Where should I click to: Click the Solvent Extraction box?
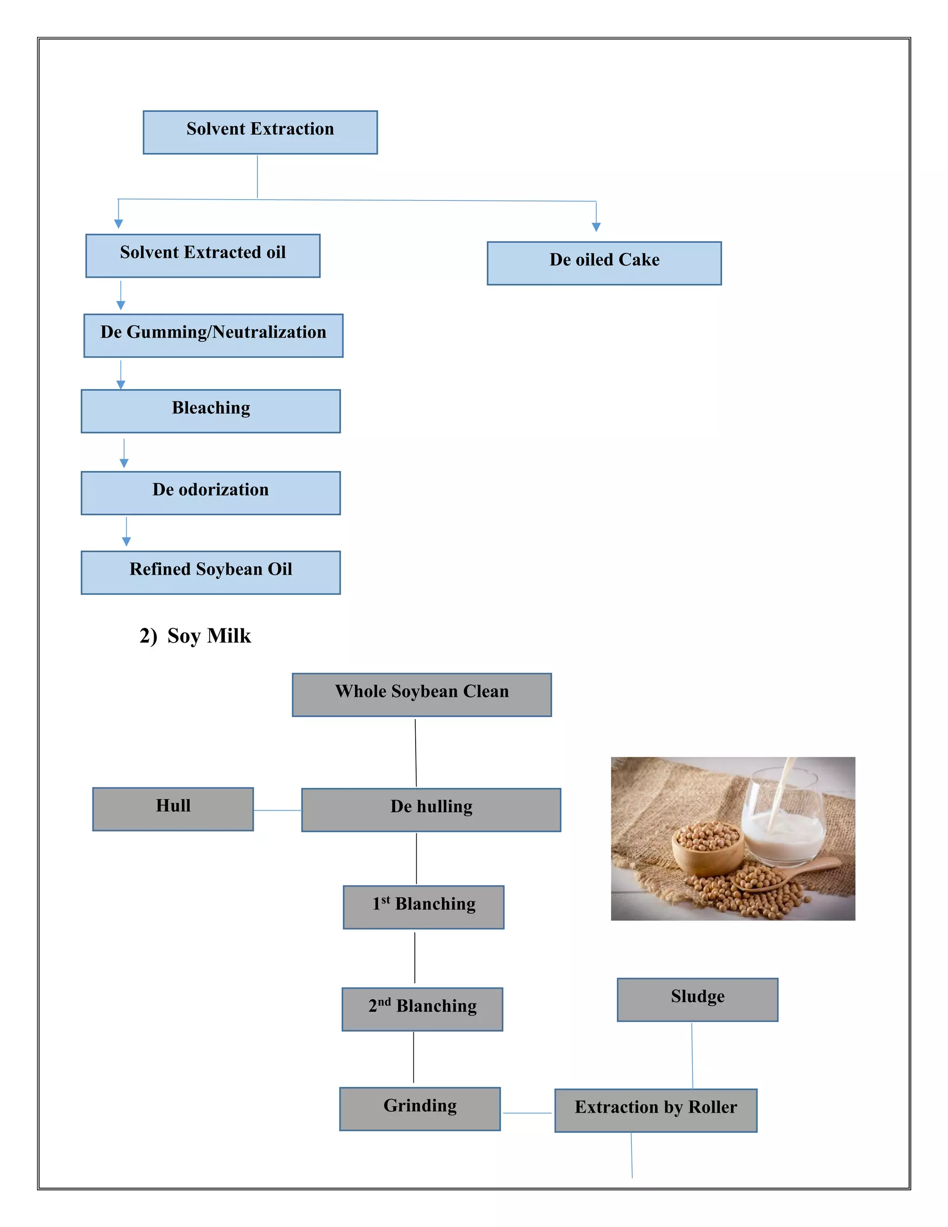pos(260,132)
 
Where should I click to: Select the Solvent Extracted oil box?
pos(203,256)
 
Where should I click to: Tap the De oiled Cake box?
pos(604,263)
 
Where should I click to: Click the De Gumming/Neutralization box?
pos(213,335)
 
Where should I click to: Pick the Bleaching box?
pos(211,411)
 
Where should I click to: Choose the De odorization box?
pos(211,493)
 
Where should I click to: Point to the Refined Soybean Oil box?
pos(211,572)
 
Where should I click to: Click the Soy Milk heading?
pos(195,635)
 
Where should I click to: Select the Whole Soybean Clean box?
pos(422,695)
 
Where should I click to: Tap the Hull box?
pos(173,808)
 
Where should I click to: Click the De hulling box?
pos(431,809)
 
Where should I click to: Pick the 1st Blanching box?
pos(424,907)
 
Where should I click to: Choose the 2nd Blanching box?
pos(422,1009)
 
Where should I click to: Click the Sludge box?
pos(697,1000)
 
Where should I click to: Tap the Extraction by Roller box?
pos(655,1110)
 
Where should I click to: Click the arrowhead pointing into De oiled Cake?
pos(596,227)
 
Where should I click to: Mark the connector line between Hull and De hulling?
pos(277,810)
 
